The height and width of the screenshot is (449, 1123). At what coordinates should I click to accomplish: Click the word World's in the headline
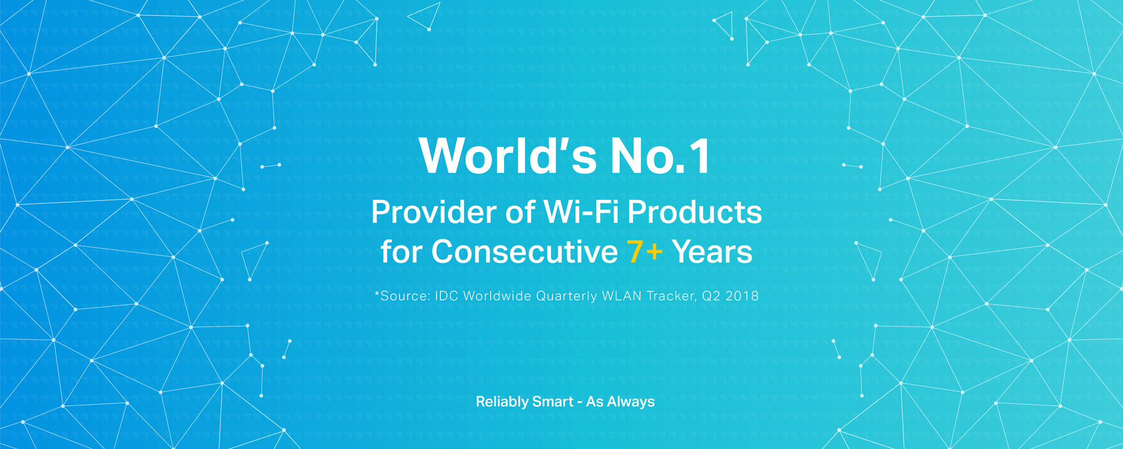click(508, 156)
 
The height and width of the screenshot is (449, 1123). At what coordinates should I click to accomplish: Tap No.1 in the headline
click(660, 156)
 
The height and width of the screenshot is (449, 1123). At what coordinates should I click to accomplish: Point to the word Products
click(695, 212)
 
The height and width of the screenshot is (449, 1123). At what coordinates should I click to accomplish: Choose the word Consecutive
click(525, 252)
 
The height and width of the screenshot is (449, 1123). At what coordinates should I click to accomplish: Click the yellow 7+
click(645, 252)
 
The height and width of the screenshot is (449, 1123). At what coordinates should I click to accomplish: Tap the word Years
click(712, 252)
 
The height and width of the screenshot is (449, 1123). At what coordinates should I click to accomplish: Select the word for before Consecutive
click(401, 251)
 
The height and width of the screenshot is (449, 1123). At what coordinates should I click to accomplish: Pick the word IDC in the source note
click(446, 296)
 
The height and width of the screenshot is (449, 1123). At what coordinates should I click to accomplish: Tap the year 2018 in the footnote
click(742, 296)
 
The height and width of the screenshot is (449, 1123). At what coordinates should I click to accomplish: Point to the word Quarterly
click(567, 296)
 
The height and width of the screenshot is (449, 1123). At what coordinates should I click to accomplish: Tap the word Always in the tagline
click(631, 402)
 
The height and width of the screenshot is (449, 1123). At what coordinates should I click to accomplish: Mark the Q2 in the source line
click(711, 296)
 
